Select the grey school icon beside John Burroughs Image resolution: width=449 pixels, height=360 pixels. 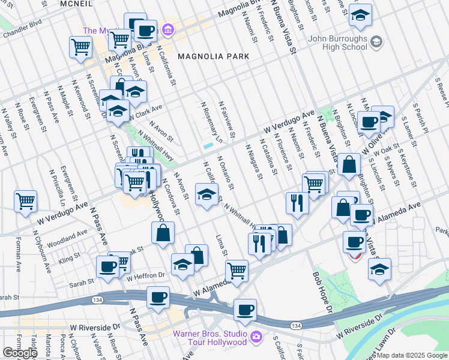pyautogui.click(x=376, y=41)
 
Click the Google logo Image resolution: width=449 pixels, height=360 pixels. pyautogui.click(x=20, y=353)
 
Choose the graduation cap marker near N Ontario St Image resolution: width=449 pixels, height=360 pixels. pyautogui.click(x=206, y=195)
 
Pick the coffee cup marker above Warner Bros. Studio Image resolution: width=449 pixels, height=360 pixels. pyautogui.click(x=244, y=310)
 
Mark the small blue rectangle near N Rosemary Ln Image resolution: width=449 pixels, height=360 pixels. pyautogui.click(x=208, y=145)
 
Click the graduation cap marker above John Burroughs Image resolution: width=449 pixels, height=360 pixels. pyautogui.click(x=360, y=17)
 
